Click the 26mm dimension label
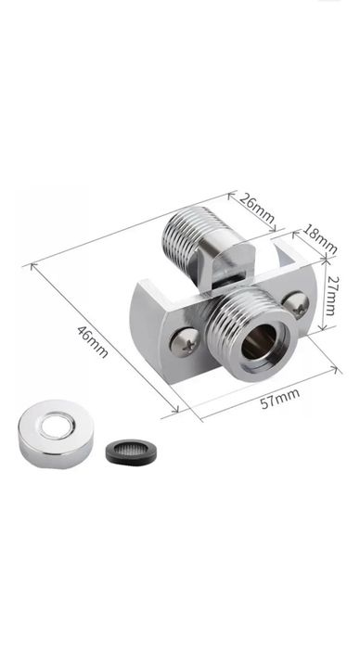257,210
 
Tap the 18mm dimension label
319,239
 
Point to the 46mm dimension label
93,341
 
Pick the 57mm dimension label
279,399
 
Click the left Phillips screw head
186,342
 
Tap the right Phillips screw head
296,305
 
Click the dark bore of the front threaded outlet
259,341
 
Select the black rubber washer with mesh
131,452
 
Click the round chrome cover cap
56,434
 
